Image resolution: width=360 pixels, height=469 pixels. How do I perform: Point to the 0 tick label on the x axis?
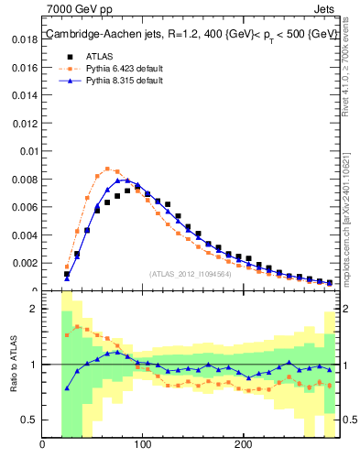tap(43, 446)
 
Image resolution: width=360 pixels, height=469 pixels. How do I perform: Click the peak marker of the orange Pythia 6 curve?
tap(107, 169)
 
